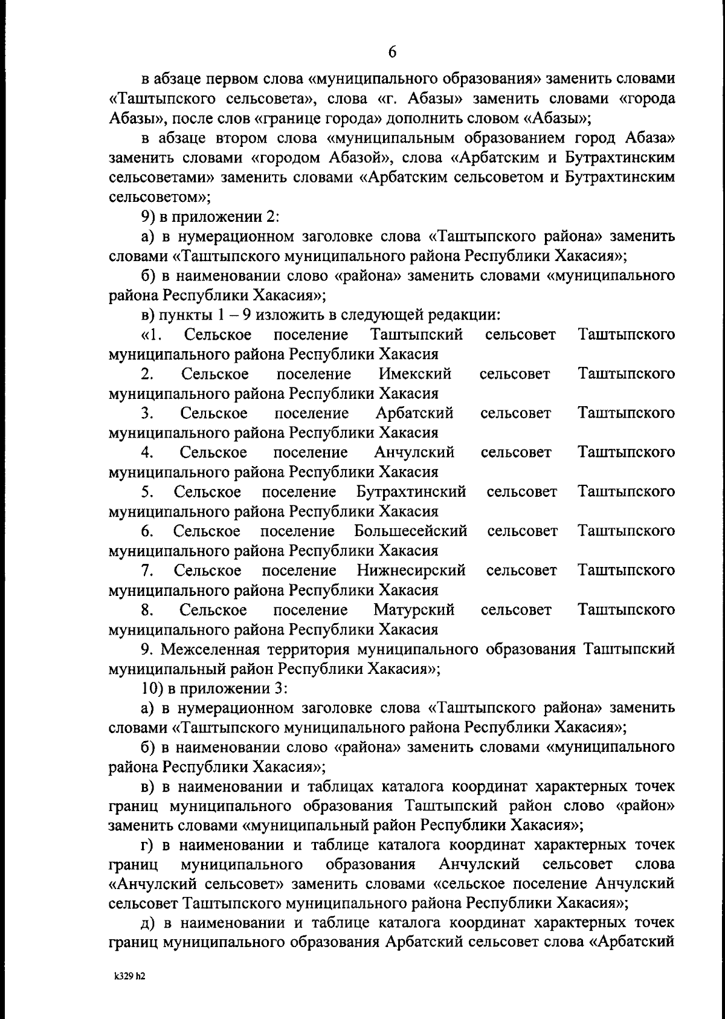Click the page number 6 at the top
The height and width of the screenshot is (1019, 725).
[x=392, y=53]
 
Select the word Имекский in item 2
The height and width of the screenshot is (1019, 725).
[x=414, y=374]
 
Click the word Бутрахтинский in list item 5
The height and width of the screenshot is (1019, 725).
[x=411, y=492]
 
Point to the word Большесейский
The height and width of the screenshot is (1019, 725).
[x=411, y=531]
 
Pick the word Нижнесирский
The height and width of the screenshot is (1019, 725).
[x=411, y=570]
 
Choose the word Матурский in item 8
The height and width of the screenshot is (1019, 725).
[x=414, y=610]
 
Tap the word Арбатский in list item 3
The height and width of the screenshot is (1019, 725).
[x=414, y=413]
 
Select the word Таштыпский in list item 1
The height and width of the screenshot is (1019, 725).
[x=417, y=334]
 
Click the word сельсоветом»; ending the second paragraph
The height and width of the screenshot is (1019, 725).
[x=159, y=197]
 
